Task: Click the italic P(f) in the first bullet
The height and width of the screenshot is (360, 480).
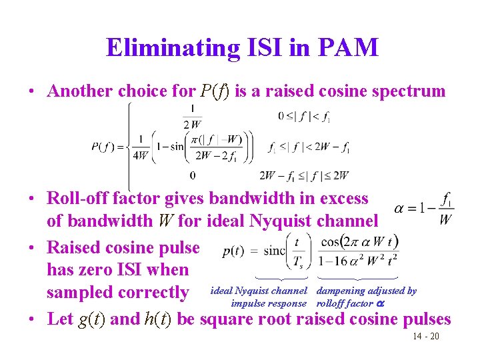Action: pos(215,91)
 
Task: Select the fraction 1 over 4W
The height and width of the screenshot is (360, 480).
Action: pos(141,147)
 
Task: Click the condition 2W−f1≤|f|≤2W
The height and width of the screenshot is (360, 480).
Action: pos(304,176)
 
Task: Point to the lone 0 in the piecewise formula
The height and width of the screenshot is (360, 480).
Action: pos(193,176)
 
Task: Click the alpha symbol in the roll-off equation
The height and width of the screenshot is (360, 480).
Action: pos(399,208)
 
